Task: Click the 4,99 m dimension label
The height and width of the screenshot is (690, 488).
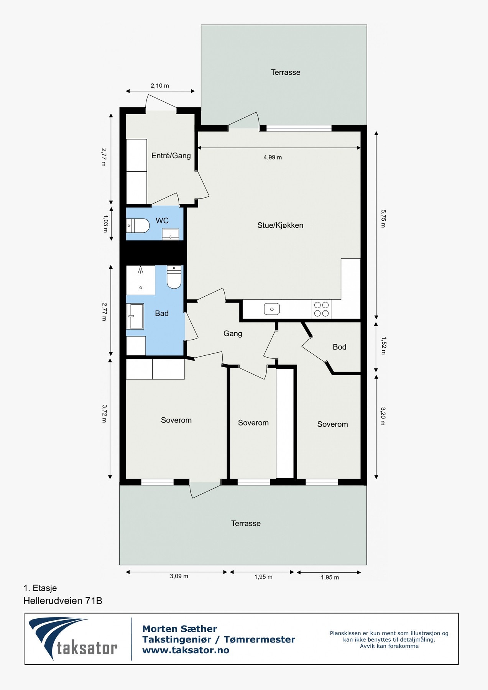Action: [273, 157]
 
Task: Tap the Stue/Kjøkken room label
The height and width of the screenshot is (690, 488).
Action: [280, 225]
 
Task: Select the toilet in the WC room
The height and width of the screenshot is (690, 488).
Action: [138, 226]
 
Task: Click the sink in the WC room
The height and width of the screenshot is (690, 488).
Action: [171, 233]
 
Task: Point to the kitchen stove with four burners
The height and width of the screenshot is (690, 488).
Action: [321, 309]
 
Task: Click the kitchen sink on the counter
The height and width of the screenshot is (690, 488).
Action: [272, 309]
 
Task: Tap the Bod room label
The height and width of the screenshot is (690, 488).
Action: [339, 347]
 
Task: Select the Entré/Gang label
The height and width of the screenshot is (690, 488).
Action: [171, 156]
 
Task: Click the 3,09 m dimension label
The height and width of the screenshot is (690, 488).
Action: [179, 576]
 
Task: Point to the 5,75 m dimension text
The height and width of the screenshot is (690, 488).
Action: [383, 218]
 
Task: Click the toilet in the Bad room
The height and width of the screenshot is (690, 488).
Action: [174, 278]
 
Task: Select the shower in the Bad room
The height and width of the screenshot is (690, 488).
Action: [141, 280]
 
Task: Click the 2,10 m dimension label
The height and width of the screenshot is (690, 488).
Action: [159, 86]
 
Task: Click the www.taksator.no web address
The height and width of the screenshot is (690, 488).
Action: [186, 650]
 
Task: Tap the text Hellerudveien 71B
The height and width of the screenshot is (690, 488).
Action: [63, 601]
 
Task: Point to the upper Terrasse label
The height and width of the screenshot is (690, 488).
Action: [286, 72]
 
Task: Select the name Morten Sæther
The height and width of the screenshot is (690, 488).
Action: [179, 629]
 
